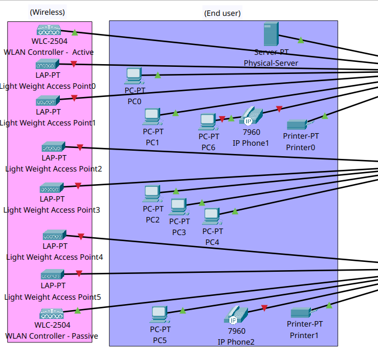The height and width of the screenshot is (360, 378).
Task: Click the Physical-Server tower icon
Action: tap(271, 34)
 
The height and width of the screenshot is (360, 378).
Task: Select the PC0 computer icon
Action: tap(134, 76)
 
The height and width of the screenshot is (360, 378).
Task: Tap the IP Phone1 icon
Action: tap(251, 116)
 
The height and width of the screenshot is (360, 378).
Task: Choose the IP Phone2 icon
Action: tap(236, 315)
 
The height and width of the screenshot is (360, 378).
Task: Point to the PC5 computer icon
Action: tap(160, 315)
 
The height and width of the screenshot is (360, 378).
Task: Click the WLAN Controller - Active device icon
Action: tap(49, 30)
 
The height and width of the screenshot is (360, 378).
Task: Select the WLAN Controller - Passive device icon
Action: tap(52, 314)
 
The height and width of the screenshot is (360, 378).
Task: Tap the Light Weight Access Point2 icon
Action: tap(53, 146)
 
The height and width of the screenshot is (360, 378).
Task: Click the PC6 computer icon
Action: tap(208, 122)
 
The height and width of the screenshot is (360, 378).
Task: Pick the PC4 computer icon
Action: tap(212, 216)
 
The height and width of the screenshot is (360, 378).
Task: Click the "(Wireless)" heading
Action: tap(47, 12)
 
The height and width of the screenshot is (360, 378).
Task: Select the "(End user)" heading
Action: tap(222, 13)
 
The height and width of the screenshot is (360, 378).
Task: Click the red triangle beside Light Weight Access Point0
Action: tap(74, 64)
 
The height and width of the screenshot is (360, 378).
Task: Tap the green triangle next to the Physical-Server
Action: tap(301, 40)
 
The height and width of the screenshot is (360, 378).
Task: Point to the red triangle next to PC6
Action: tap(222, 119)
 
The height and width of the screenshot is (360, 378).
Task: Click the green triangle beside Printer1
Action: tap(329, 305)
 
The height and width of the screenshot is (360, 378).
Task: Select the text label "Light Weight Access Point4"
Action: tap(54, 257)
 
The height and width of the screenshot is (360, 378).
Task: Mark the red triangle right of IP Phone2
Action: tap(264, 308)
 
